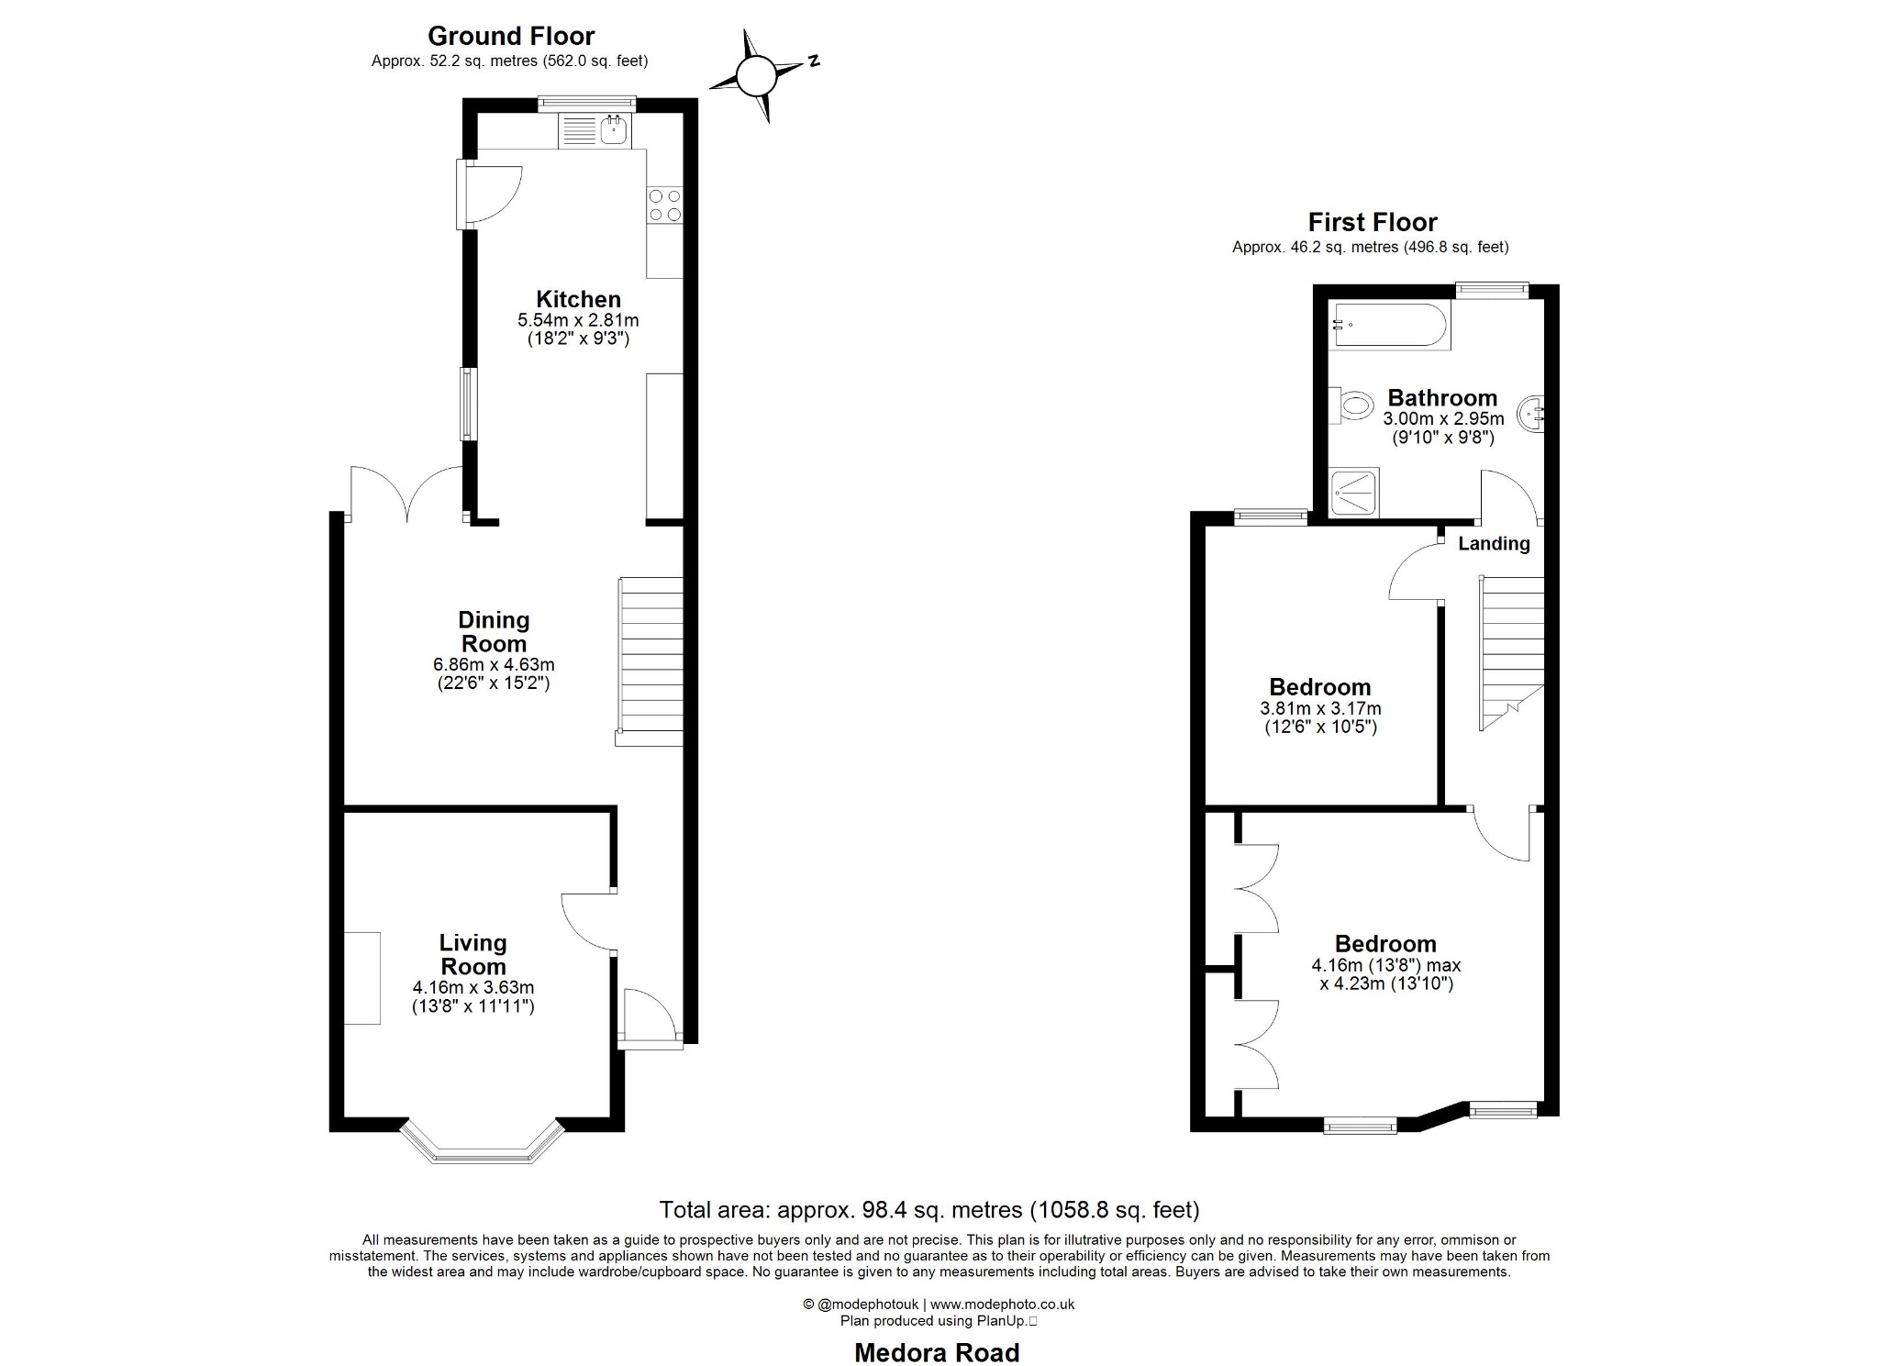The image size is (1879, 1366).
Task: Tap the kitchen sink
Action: tap(613, 130)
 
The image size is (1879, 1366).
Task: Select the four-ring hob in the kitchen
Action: tap(665, 205)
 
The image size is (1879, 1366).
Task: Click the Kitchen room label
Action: tap(578, 299)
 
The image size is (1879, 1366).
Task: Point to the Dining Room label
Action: tap(494, 632)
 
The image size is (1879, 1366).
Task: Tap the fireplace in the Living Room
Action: tap(361, 978)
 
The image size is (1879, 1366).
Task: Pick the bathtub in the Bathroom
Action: tap(1391, 325)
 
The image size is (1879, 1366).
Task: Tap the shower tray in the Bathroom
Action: tap(1353, 493)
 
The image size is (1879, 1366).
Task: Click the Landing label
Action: tap(1494, 543)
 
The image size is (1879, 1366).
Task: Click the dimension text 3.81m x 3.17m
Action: tap(1320, 708)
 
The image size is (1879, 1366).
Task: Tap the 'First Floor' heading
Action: tap(1372, 222)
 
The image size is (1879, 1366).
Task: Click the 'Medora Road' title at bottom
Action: tap(937, 1352)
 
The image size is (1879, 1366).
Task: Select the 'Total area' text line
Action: tap(929, 1210)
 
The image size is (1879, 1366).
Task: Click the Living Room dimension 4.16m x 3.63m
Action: tap(473, 988)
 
